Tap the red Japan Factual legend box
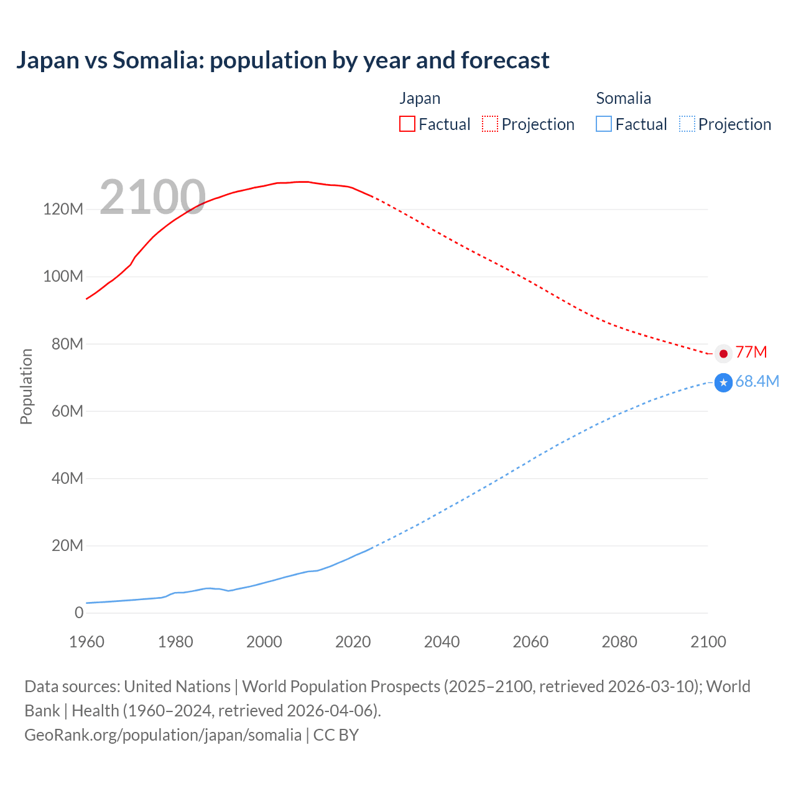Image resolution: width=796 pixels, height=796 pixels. click(x=407, y=124)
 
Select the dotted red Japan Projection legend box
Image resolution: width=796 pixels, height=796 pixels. click(x=490, y=124)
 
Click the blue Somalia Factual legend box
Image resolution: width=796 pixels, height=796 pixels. click(x=604, y=124)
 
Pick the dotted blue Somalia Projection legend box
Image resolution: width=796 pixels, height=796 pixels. click(x=687, y=124)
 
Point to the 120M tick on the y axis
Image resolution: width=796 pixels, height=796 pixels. click(x=63, y=210)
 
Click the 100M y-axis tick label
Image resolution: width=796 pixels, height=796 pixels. click(x=63, y=277)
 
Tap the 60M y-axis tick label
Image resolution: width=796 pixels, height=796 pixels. click(x=67, y=411)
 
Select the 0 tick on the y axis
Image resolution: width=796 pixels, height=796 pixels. click(x=79, y=613)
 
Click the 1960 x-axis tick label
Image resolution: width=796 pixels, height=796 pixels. click(x=86, y=642)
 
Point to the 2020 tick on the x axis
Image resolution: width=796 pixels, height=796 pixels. click(x=353, y=642)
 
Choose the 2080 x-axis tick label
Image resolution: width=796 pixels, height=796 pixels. click(x=619, y=642)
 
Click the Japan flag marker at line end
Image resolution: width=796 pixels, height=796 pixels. click(x=723, y=353)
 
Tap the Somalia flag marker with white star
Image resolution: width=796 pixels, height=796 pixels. click(x=723, y=382)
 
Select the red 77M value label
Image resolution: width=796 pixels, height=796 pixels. click(x=751, y=353)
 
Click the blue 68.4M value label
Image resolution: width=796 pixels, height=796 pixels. click(x=757, y=381)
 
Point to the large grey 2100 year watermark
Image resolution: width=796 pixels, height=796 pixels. click(x=152, y=197)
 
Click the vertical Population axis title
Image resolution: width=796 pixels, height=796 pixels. click(x=26, y=386)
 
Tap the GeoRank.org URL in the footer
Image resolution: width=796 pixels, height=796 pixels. click(x=163, y=734)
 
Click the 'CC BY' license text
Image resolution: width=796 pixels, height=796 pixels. click(x=336, y=734)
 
